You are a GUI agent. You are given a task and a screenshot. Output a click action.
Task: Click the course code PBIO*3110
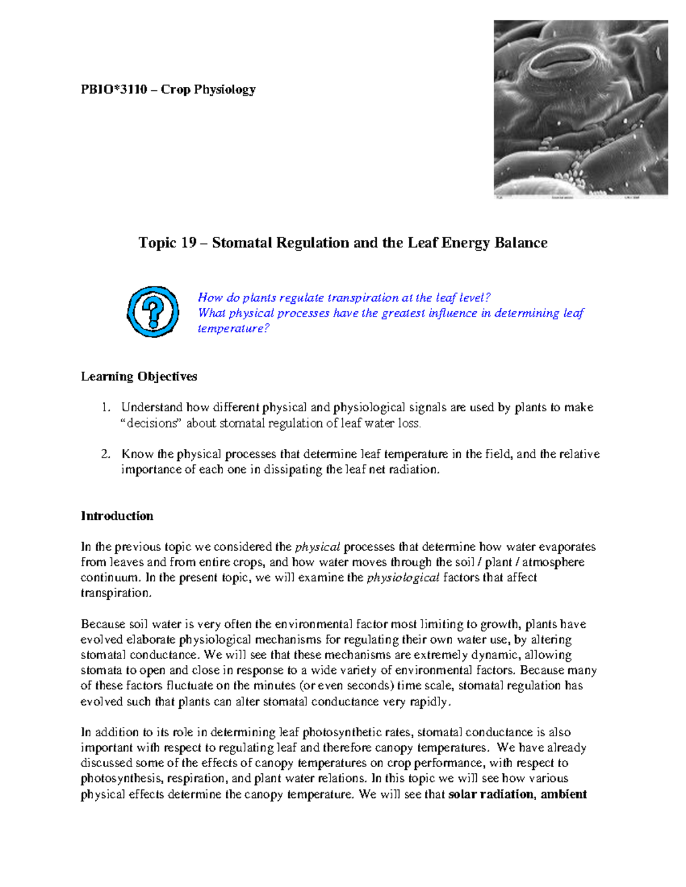point(114,90)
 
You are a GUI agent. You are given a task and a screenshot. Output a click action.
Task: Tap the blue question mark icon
point(153,312)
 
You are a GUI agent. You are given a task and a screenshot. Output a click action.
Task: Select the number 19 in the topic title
point(189,243)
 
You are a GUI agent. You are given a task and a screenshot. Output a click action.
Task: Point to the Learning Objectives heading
point(139,376)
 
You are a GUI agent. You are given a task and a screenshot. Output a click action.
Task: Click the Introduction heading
point(117,516)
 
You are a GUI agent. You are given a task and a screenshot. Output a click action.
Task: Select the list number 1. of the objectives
point(105,408)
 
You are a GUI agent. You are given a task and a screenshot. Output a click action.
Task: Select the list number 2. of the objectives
point(105,455)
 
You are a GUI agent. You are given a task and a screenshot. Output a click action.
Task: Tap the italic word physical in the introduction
point(317,547)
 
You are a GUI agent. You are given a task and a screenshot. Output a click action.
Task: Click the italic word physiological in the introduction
point(402,578)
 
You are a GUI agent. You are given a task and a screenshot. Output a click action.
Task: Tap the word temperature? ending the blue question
point(233,329)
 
